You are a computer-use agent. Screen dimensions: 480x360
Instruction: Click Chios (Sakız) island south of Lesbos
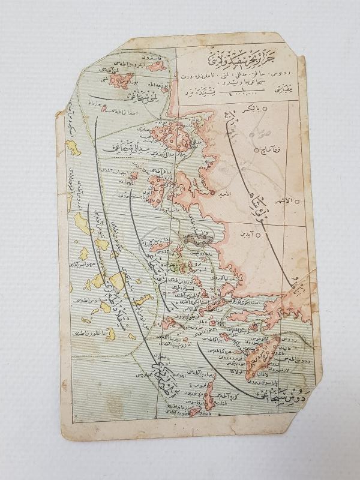[159, 188]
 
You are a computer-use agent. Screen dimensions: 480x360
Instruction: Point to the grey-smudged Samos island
[204, 239]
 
